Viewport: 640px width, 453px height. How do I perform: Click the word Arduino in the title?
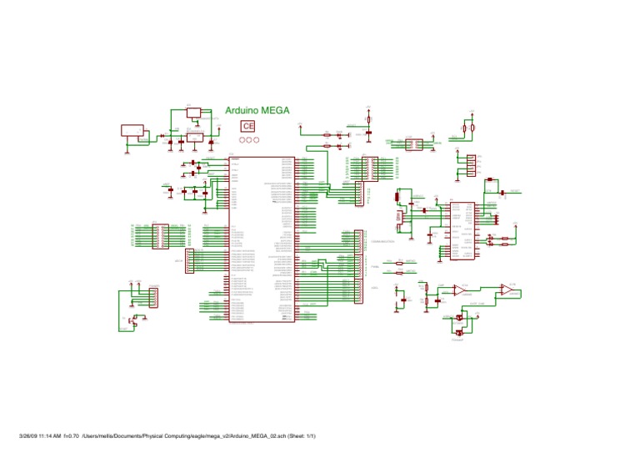coord(242,110)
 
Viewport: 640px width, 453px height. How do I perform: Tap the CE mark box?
coord(248,125)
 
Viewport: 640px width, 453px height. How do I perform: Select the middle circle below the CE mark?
coord(248,139)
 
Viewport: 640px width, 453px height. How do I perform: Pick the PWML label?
coord(374,266)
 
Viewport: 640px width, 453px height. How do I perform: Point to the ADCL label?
coord(375,288)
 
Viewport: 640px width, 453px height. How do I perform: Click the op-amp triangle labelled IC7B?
coord(507,289)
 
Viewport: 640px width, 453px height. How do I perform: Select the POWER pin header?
coord(152,296)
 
